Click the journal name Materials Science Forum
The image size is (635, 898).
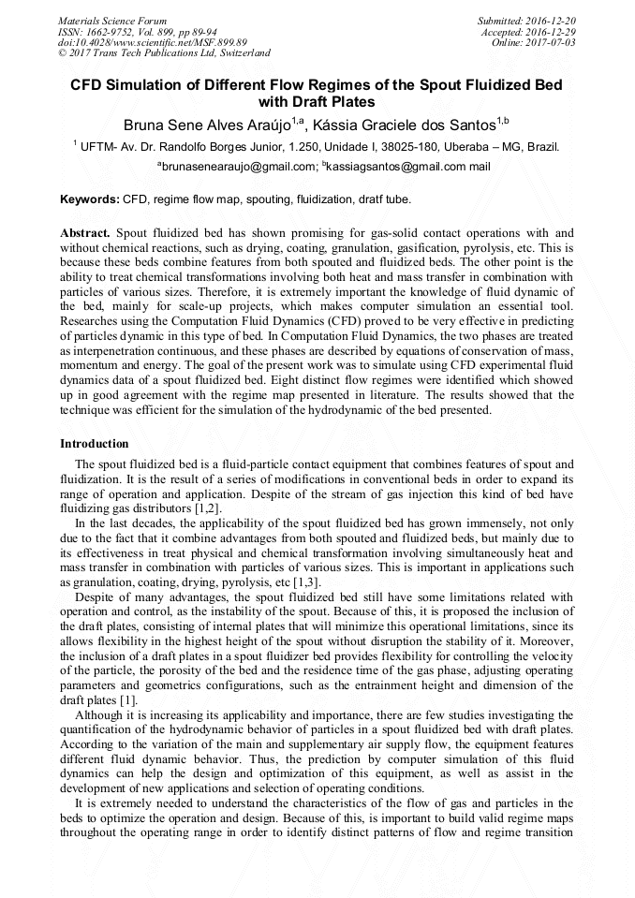coord(112,21)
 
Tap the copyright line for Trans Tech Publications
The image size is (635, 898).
coord(164,54)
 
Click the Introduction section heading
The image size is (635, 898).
coord(95,443)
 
